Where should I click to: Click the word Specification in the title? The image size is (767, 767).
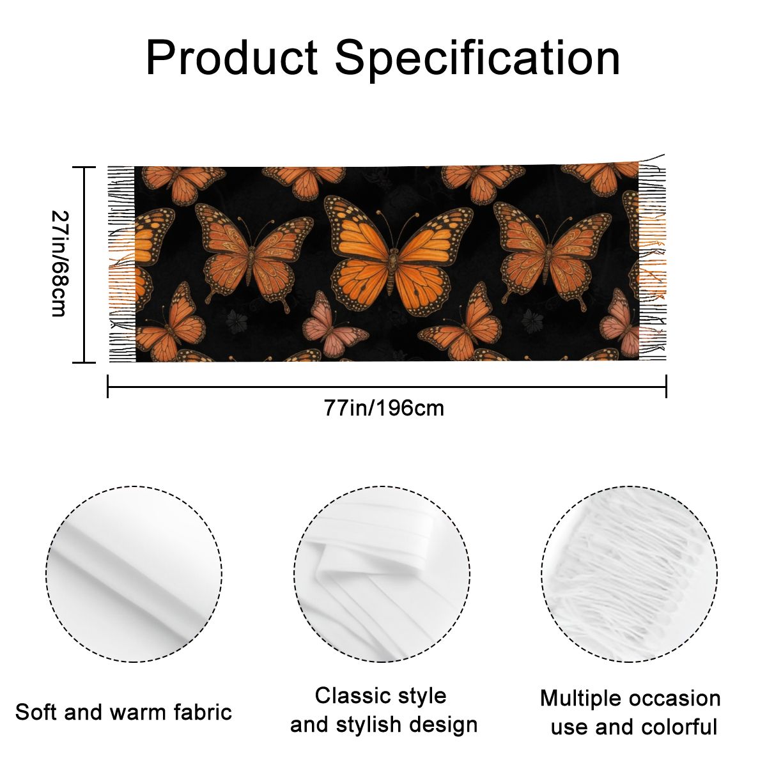coord(478,59)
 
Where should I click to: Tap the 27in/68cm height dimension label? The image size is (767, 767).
coord(60,263)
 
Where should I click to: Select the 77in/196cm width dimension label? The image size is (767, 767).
coord(383,408)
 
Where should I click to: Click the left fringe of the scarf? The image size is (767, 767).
coord(122,264)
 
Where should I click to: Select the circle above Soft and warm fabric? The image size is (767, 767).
coord(134,573)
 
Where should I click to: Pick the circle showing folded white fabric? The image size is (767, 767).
coord(382,573)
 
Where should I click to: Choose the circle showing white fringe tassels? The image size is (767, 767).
coord(630,573)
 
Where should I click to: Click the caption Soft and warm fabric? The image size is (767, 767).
coord(123,712)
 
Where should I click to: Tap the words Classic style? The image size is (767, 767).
coord(380,696)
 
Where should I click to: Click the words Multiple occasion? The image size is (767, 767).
coord(630,699)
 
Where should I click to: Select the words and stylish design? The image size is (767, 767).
coord(383,725)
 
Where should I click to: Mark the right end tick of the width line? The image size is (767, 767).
coord(666,386)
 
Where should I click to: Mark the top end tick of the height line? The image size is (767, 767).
coord(84,167)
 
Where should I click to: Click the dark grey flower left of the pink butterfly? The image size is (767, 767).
coord(236,321)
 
